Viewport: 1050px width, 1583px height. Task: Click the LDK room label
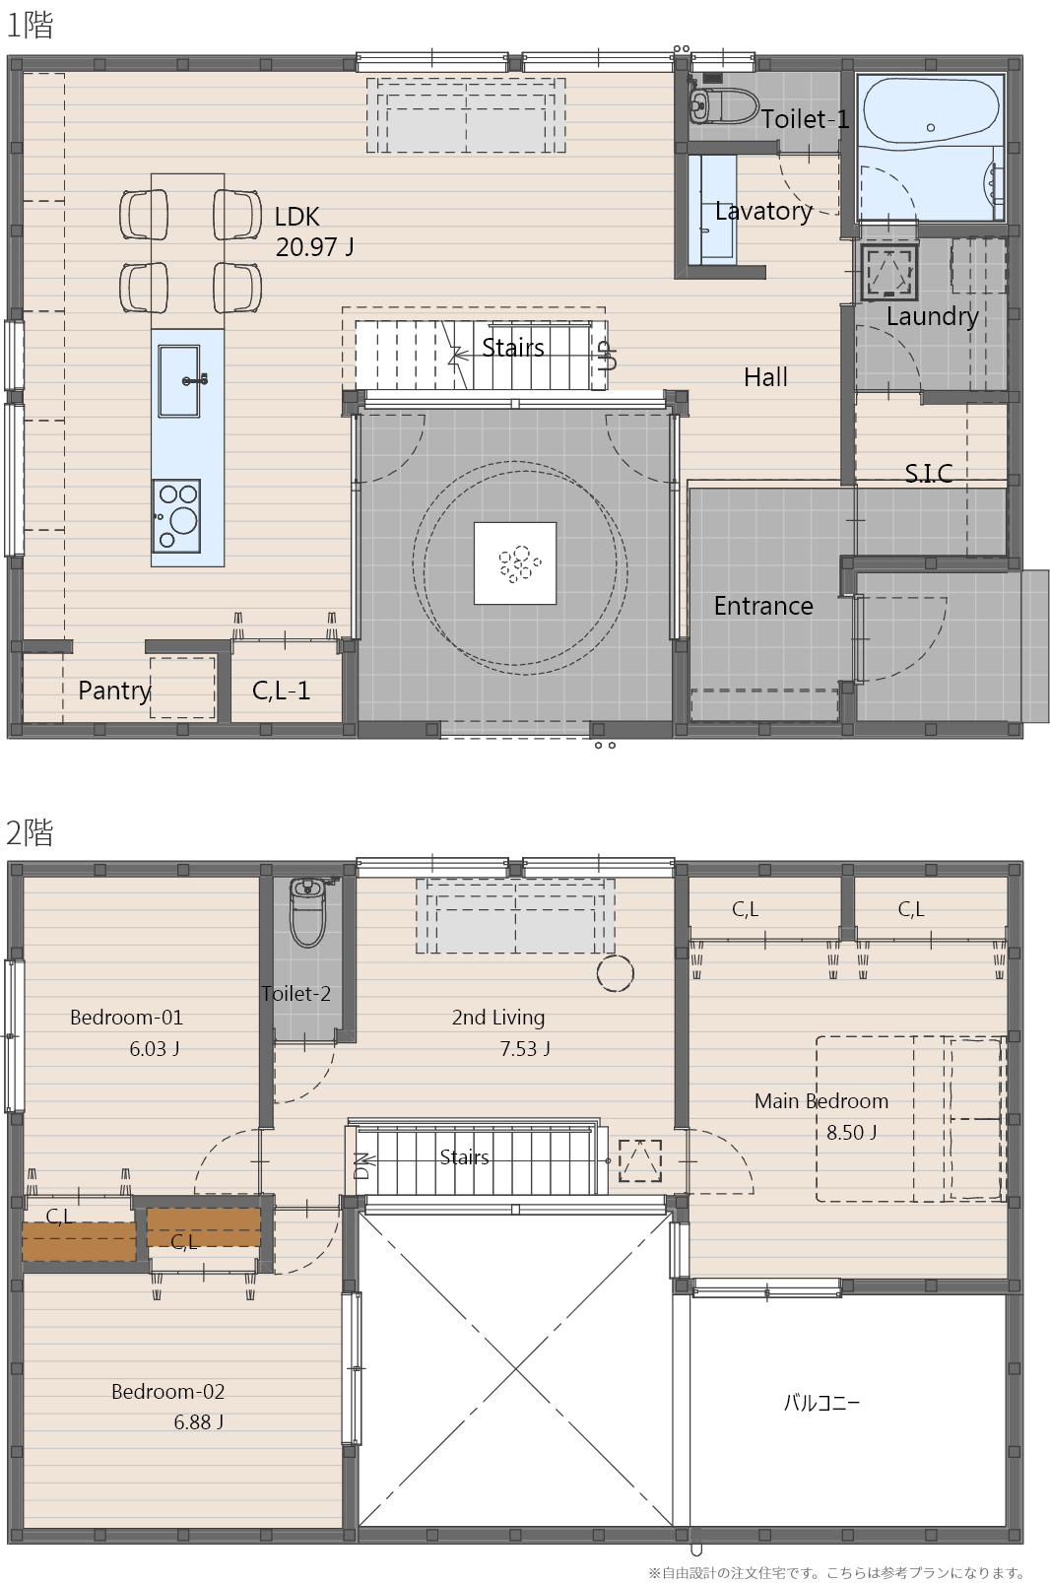pyautogui.click(x=296, y=217)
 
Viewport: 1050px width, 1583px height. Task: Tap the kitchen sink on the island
pyautogui.click(x=178, y=381)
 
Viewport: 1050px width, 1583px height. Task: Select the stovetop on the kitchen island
pyautogui.click(x=176, y=516)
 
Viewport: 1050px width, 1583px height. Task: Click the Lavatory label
pyautogui.click(x=763, y=211)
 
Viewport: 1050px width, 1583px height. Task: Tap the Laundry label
pyautogui.click(x=932, y=316)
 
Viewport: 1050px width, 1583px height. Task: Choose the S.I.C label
pyautogui.click(x=929, y=473)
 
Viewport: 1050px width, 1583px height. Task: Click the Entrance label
pyautogui.click(x=763, y=606)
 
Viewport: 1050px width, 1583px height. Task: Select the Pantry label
pyautogui.click(x=114, y=691)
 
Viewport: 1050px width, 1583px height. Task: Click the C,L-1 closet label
pyautogui.click(x=281, y=691)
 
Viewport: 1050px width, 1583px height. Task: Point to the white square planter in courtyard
pyautogui.click(x=515, y=563)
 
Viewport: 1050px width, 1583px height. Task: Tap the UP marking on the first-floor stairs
pyautogui.click(x=607, y=356)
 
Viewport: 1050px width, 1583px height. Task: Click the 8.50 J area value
pyautogui.click(x=851, y=1132)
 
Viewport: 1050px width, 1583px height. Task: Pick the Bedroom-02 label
pyautogui.click(x=167, y=1392)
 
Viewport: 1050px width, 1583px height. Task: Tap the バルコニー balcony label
pyautogui.click(x=821, y=1402)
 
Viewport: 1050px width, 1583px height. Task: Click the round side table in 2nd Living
pyautogui.click(x=615, y=973)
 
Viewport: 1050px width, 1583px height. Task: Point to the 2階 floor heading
pyautogui.click(x=30, y=832)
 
